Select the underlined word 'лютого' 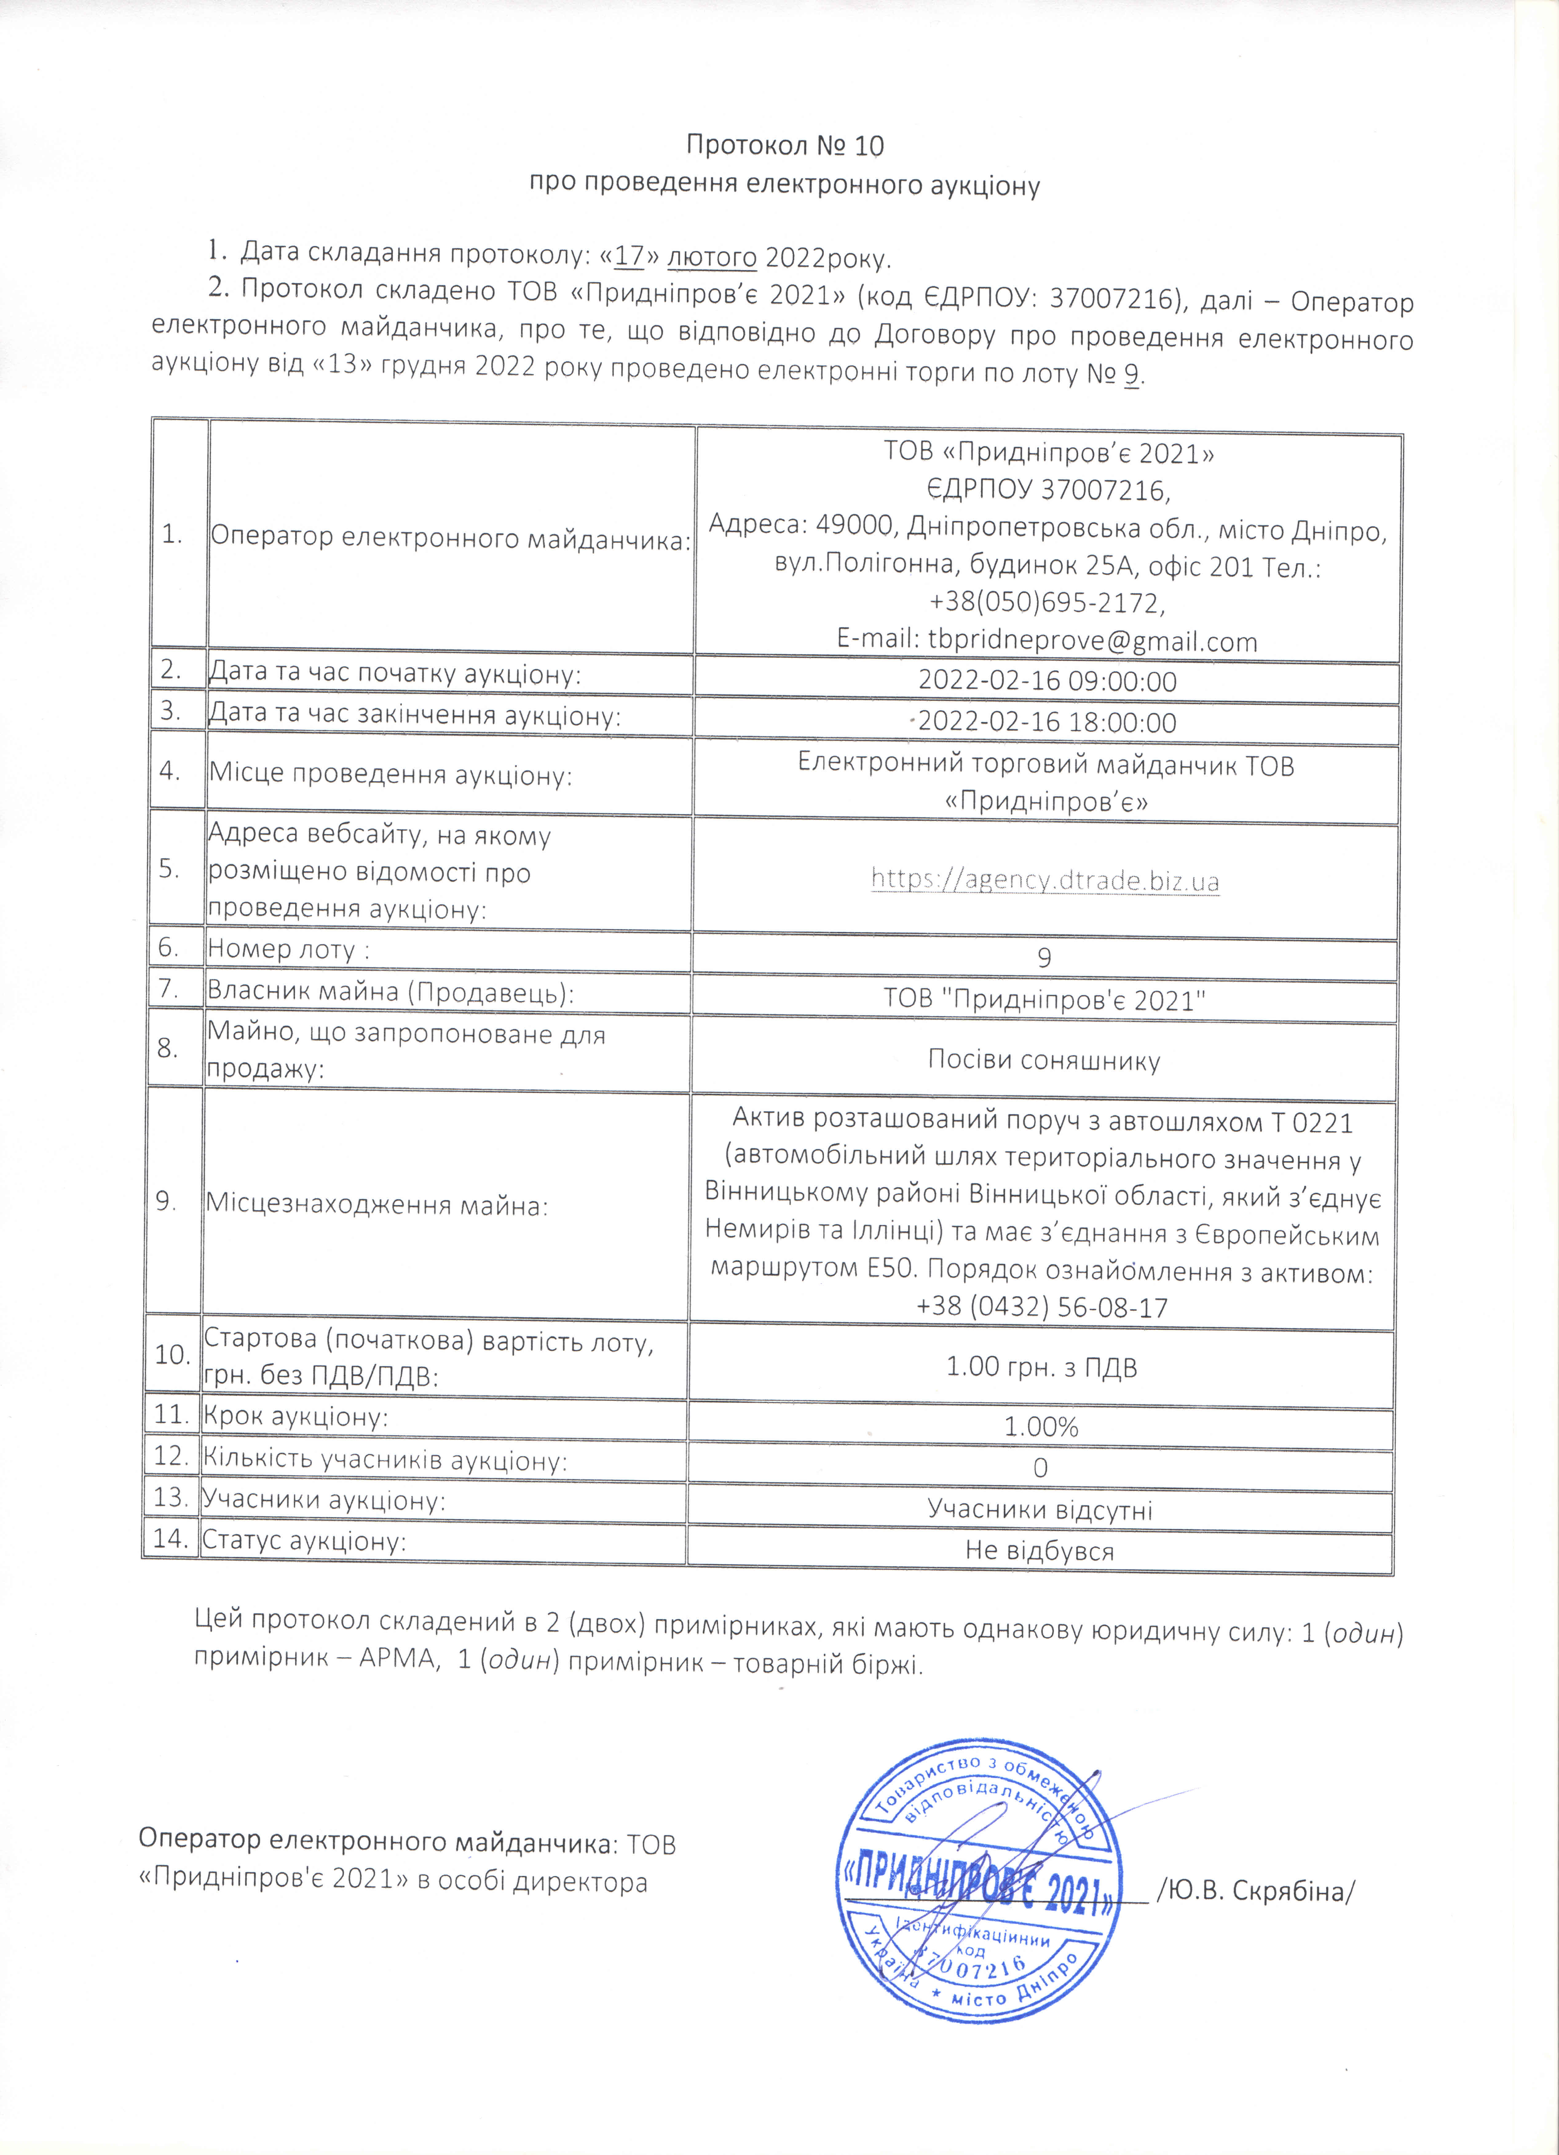click(712, 257)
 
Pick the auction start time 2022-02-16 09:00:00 click(1047, 681)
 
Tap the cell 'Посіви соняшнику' click(1044, 1060)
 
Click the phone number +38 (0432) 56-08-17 click(1042, 1308)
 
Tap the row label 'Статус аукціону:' click(304, 1540)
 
